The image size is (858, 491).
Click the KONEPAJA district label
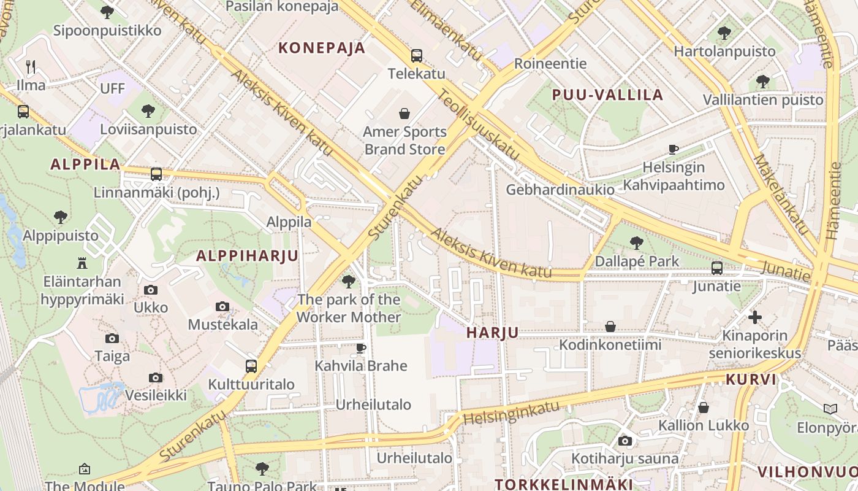[x=322, y=48]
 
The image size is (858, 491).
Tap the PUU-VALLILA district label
[x=607, y=95]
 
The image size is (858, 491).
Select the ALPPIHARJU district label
[x=247, y=256]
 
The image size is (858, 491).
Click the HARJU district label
[x=492, y=333]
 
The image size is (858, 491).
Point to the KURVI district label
[x=751, y=379]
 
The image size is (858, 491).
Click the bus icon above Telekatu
[x=417, y=56]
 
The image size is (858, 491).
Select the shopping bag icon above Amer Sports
[x=404, y=114]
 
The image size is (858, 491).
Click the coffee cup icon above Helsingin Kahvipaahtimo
[x=674, y=149]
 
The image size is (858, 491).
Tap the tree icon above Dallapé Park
[x=637, y=243]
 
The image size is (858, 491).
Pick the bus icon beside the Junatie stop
[x=717, y=268]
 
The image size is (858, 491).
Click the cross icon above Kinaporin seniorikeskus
[x=755, y=317]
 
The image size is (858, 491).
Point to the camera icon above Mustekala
[x=222, y=306]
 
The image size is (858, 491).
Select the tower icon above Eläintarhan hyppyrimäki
[x=82, y=263]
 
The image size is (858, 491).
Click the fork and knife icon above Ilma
[x=31, y=66]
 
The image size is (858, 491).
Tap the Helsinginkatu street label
[x=512, y=412]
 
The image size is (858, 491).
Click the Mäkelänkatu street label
[x=780, y=193]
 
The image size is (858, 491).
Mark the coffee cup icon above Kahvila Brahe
[x=361, y=348]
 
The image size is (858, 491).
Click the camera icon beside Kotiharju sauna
[x=625, y=441]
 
